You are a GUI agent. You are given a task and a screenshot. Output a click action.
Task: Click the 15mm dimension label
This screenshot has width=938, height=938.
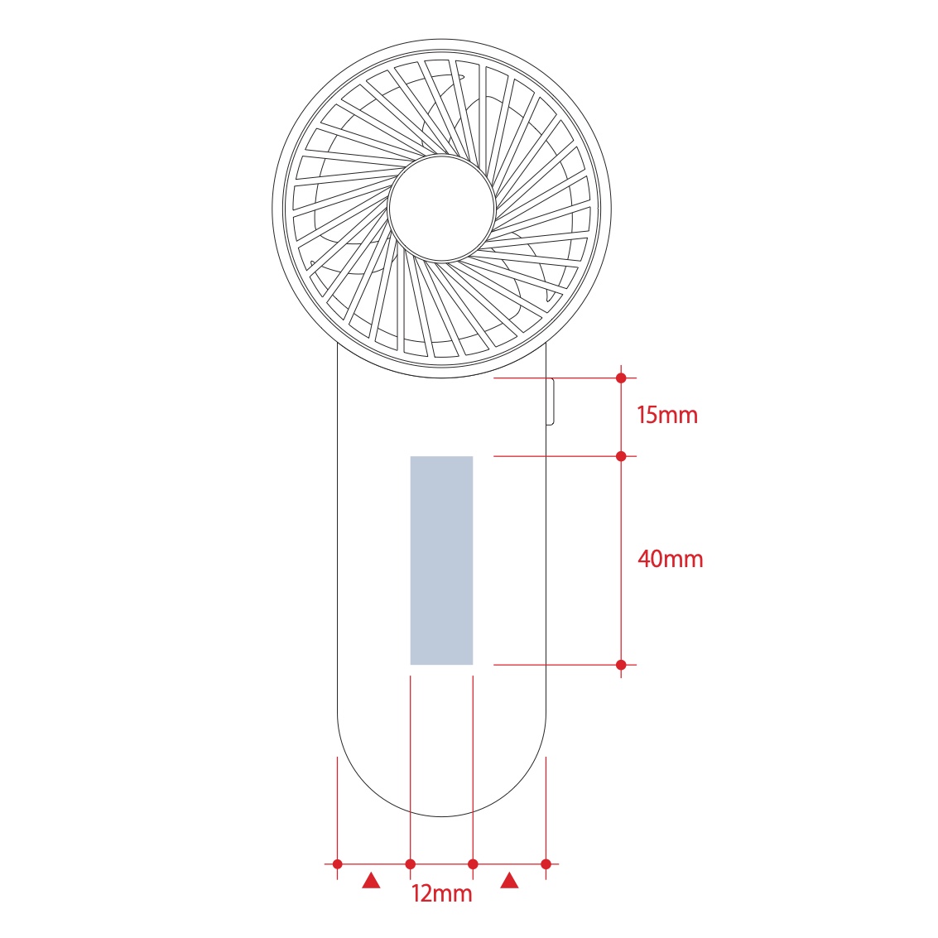(x=667, y=415)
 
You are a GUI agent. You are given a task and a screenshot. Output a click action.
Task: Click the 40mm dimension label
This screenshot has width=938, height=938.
(x=670, y=559)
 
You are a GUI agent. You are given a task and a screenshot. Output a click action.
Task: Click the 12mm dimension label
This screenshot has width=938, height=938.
(x=441, y=893)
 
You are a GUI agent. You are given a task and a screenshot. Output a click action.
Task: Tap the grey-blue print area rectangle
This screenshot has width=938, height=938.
(x=441, y=560)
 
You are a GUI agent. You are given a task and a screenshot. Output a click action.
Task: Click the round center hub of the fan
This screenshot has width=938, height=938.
(x=441, y=208)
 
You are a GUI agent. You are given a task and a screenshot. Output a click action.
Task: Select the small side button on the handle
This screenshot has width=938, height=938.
(x=551, y=402)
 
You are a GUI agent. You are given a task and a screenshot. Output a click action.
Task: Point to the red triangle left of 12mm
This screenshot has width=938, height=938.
(x=372, y=881)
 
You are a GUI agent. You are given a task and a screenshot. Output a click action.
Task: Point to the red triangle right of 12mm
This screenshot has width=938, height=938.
(x=510, y=881)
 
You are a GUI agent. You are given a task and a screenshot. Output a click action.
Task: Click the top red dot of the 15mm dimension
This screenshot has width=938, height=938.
(x=621, y=378)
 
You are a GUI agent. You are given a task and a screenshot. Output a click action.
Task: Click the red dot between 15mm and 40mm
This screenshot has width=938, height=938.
(x=621, y=456)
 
